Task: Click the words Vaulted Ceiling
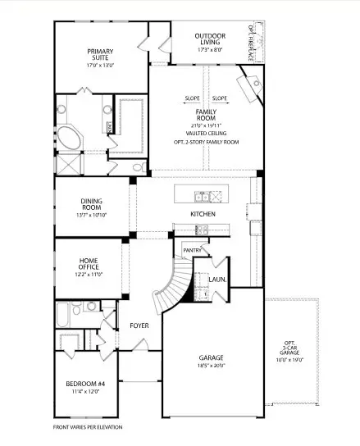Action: click(205, 132)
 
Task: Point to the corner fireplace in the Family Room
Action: click(248, 85)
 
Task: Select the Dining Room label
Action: click(91, 205)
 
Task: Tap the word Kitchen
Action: click(203, 214)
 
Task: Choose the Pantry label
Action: click(192, 250)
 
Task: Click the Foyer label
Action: click(139, 325)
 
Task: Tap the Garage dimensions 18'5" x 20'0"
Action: click(211, 366)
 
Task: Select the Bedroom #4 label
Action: click(84, 387)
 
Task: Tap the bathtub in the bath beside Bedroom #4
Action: click(66, 315)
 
